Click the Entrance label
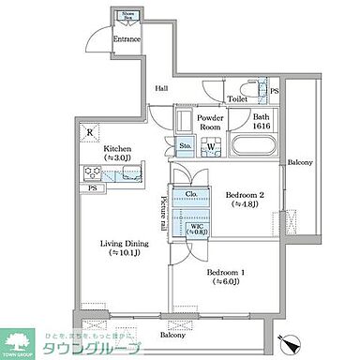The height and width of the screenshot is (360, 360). (x=127, y=39)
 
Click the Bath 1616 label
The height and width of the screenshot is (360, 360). (x=261, y=121)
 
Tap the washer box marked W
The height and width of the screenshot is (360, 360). (x=211, y=146)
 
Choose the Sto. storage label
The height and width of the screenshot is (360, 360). (x=185, y=146)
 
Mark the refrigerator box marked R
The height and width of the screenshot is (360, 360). (x=89, y=132)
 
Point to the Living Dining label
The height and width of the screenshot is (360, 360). (x=125, y=247)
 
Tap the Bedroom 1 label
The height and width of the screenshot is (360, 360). (x=226, y=274)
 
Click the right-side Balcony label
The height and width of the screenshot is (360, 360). (x=300, y=162)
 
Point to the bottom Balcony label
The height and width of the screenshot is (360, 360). (x=172, y=335)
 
